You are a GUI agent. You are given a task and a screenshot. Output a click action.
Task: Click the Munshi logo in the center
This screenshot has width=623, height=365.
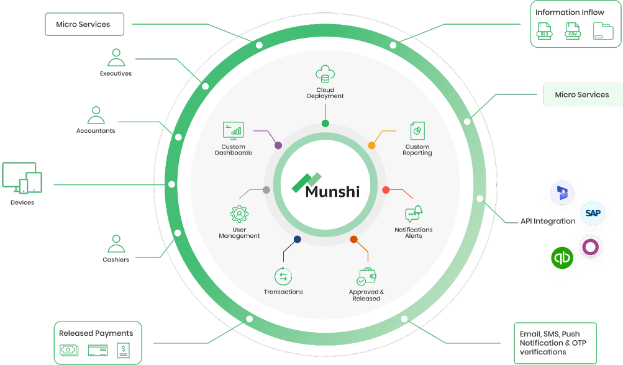click(325, 186)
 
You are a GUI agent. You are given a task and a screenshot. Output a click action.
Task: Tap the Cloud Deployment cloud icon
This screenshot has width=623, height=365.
click(325, 74)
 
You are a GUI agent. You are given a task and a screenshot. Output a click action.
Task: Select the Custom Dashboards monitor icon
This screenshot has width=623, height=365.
click(233, 130)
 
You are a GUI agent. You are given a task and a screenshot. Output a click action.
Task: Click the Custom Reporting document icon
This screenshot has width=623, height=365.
click(417, 131)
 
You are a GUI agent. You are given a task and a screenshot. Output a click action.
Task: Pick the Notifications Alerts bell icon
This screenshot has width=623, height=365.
click(414, 214)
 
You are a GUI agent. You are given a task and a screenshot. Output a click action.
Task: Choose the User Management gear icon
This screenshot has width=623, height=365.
click(239, 214)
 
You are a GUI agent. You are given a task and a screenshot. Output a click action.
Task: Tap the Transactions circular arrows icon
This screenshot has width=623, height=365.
click(283, 276)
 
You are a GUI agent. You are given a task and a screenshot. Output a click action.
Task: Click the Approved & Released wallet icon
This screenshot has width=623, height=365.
click(366, 276)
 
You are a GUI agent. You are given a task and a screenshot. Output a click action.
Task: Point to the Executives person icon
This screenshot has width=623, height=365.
click(116, 58)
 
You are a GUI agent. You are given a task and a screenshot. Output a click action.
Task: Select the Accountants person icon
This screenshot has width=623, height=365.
click(96, 115)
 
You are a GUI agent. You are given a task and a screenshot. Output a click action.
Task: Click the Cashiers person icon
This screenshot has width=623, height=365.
click(116, 244)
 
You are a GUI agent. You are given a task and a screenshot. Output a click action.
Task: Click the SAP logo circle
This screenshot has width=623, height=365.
click(593, 214)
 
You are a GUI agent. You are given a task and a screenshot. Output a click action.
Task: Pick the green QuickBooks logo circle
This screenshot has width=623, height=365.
click(562, 257)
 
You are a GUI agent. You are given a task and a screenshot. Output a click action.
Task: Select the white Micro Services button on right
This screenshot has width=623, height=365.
click(582, 95)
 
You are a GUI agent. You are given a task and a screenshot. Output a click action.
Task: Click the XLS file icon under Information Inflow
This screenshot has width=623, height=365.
click(545, 30)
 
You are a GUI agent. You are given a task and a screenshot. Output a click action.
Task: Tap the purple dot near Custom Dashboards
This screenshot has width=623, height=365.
click(278, 145)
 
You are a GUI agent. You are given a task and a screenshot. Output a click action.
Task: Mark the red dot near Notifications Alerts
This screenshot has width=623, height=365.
click(386, 189)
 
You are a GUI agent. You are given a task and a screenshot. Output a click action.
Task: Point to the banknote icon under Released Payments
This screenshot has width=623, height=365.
click(69, 350)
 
